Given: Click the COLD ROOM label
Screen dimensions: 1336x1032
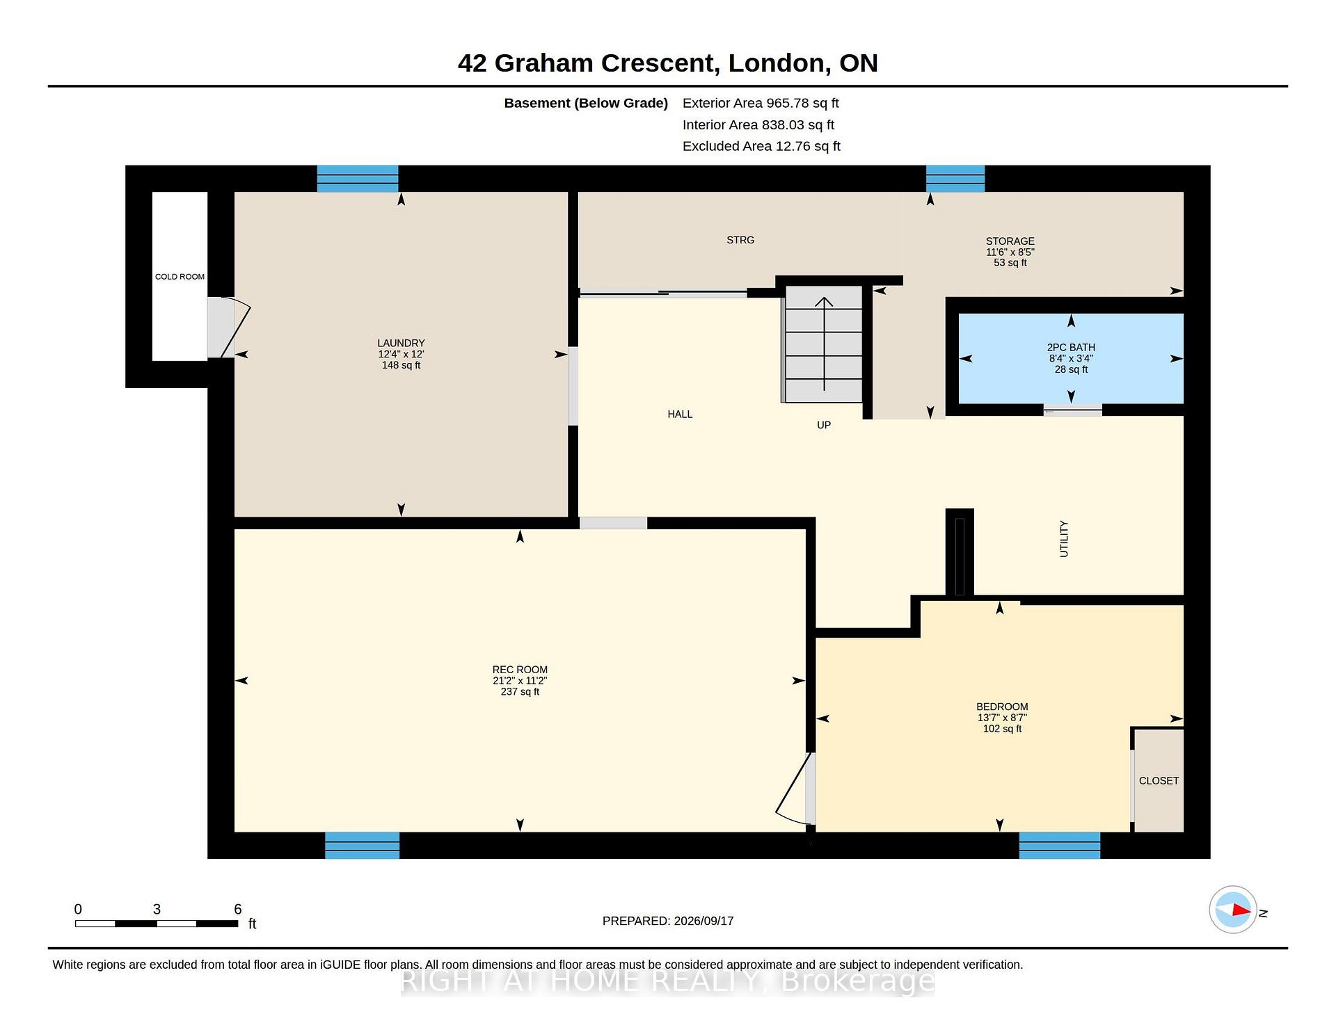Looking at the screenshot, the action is pos(180,277).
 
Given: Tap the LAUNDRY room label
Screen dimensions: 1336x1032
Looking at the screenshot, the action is pos(401,343).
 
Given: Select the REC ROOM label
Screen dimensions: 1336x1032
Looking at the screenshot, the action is pos(520,670).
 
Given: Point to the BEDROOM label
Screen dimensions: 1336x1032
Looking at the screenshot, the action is pos(1002,707).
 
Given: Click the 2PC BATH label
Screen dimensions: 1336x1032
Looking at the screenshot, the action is pos(1071,348).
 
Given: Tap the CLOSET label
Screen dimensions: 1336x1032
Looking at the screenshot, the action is pos(1159,781).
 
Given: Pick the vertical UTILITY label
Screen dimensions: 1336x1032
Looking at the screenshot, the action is pos(1064,539).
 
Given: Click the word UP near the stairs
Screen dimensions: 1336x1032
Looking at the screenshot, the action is pos(824,425).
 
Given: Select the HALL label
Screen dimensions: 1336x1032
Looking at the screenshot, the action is pos(680,414).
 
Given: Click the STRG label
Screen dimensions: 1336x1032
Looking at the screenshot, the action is pos(740,240).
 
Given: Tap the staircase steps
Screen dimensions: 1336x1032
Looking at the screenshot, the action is pos(823,344).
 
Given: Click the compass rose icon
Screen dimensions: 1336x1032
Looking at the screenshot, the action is pos(1233,910).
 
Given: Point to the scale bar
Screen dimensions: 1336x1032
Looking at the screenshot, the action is pos(157,924).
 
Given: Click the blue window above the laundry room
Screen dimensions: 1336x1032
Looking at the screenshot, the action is pos(358,179).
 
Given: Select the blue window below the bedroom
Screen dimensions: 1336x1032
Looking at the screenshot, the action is pos(1060,845).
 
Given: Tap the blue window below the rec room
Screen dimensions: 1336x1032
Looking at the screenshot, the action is pos(363,845).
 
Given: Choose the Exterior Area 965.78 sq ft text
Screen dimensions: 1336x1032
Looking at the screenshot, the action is pos(761,103).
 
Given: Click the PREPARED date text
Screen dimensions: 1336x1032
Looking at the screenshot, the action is pos(668,921).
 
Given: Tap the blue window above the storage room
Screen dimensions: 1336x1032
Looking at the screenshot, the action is pos(955,179).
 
